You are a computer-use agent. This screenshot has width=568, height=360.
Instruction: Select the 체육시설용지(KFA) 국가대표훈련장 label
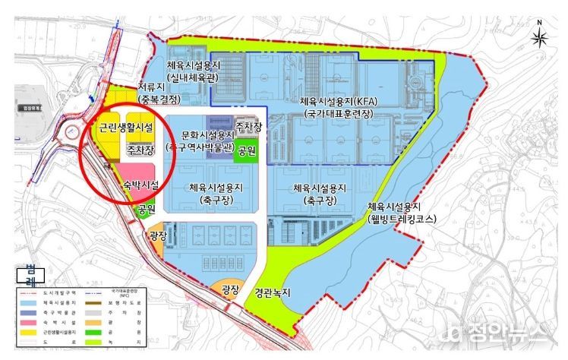(332, 106)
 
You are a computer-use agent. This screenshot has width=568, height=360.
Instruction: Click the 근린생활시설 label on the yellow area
(126, 127)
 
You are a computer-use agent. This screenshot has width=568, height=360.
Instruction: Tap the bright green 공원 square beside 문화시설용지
(246, 150)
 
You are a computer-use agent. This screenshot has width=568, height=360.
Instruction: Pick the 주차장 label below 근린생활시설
(140, 150)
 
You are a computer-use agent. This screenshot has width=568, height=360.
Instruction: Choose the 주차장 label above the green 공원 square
(248, 125)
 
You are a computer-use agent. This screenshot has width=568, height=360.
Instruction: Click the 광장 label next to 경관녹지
(230, 289)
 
